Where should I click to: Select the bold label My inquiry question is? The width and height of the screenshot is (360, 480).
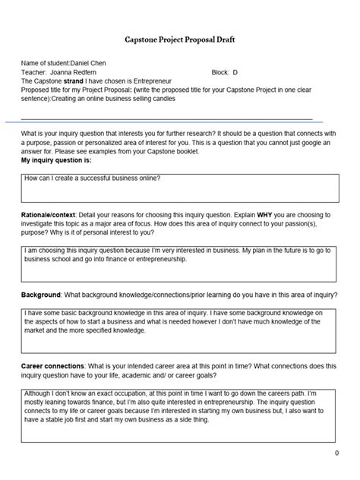pyautogui.click(x=56, y=161)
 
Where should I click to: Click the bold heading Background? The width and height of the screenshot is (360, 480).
pyautogui.click(x=40, y=294)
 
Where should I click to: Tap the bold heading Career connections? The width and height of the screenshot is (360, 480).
pyautogui.click(x=53, y=366)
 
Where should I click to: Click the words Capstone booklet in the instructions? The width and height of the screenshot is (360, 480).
pyautogui.click(x=172, y=152)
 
